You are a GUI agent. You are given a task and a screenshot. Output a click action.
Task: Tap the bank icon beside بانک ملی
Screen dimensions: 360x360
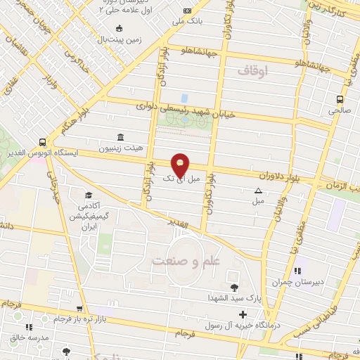[x=186, y=11]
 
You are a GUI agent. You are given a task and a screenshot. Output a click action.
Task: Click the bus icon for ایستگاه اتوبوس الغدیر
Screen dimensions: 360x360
[x=44, y=141]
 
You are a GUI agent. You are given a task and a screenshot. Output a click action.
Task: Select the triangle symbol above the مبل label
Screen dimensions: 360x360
[x=258, y=191]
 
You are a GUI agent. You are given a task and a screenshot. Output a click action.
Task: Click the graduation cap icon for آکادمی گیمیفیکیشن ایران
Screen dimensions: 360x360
[x=89, y=195]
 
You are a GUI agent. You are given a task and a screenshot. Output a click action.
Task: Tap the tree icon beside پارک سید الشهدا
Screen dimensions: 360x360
[x=234, y=287]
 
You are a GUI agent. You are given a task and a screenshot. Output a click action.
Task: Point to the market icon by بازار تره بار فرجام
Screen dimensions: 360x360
[x=79, y=308]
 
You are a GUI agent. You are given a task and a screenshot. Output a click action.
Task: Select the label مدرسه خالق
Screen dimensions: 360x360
[x=30, y=337]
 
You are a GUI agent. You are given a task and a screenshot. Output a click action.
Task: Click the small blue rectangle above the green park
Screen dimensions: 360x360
[x=184, y=98]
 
